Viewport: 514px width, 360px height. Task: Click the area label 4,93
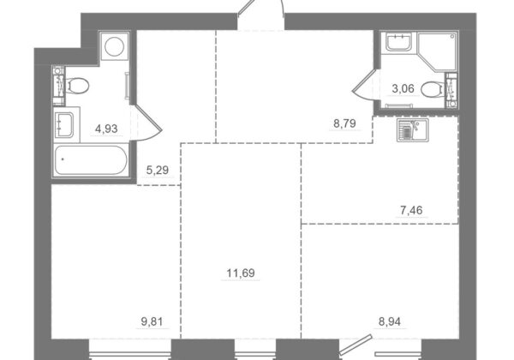[106, 129]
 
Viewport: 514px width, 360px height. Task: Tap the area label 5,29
[158, 171]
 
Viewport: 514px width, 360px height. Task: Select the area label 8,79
[344, 123]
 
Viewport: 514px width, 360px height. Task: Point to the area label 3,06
[403, 88]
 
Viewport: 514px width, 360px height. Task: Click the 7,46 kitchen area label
[411, 210]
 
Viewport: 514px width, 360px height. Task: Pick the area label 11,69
[241, 273]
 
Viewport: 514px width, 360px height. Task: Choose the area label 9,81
[152, 321]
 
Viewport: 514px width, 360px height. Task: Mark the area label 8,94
[390, 321]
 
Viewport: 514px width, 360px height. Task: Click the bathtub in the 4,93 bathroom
[91, 160]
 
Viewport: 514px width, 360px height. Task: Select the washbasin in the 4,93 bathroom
[64, 125]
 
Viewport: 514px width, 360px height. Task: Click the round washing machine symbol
[114, 46]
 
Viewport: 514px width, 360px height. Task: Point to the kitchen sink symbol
[412, 130]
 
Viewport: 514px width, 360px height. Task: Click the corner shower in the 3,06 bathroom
[438, 51]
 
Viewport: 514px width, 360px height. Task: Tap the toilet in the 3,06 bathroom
[433, 89]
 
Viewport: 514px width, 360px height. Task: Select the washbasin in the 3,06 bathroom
[398, 42]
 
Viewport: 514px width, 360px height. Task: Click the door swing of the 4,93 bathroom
[146, 123]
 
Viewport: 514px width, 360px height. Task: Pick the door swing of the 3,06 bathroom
[365, 83]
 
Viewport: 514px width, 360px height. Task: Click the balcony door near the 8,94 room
[356, 345]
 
